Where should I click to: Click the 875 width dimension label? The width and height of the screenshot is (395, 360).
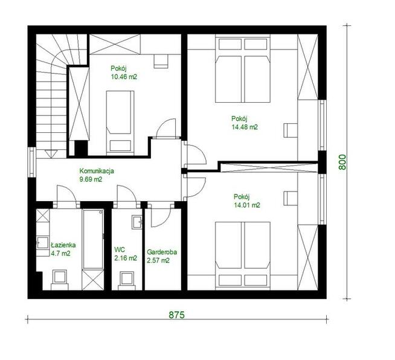click(176, 315)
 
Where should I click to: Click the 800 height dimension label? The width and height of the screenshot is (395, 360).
click(342, 162)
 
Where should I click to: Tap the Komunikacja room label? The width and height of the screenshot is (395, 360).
click(97, 171)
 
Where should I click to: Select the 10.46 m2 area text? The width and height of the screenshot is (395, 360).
click(124, 77)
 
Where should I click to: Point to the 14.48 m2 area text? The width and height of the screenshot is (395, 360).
click(245, 127)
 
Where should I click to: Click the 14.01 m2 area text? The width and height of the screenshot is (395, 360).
click(247, 205)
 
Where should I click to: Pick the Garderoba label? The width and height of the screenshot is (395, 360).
click(162, 252)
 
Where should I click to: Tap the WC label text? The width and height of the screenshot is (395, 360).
click(120, 249)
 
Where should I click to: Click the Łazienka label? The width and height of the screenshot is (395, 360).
click(63, 245)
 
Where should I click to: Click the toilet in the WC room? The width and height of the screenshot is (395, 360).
click(127, 280)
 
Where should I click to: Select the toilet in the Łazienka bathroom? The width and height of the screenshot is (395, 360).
click(60, 280)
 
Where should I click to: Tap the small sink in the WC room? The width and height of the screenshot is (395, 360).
click(137, 222)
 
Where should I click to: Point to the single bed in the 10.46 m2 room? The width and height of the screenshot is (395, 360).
click(120, 123)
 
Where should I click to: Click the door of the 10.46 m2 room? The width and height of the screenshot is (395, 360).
click(165, 129)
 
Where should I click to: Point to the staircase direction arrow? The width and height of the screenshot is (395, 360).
click(51, 153)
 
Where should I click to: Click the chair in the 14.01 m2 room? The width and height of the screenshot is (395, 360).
click(291, 198)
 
